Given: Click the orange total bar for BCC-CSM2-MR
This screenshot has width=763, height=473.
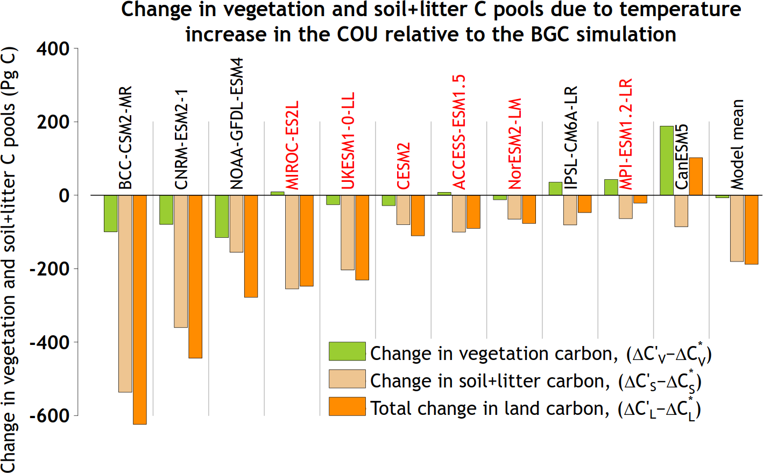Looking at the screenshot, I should pyautogui.click(x=140, y=309).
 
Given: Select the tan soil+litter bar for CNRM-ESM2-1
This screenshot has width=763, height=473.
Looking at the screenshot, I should pyautogui.click(x=181, y=261).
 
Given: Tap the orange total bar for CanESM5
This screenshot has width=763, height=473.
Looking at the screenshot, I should pyautogui.click(x=696, y=176).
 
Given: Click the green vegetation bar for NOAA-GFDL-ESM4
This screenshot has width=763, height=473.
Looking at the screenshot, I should pyautogui.click(x=222, y=216).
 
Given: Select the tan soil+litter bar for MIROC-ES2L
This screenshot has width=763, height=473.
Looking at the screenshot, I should pyautogui.click(x=292, y=242).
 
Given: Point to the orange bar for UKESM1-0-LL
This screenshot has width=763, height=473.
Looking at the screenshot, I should pyautogui.click(x=362, y=237).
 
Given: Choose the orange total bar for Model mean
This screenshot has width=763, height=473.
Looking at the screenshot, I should pyautogui.click(x=751, y=229).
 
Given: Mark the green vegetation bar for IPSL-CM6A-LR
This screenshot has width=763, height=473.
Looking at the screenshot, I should pyautogui.click(x=555, y=188).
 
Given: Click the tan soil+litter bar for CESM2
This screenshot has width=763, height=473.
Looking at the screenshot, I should pyautogui.click(x=404, y=210).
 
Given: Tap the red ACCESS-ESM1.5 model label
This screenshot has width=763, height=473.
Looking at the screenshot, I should pyautogui.click(x=459, y=132).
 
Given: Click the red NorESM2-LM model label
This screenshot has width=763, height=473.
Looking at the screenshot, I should pyautogui.click(x=515, y=144).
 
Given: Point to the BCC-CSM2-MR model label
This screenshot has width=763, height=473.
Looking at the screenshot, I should pyautogui.click(x=125, y=138).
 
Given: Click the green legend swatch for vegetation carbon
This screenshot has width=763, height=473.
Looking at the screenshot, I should pyautogui.click(x=347, y=351).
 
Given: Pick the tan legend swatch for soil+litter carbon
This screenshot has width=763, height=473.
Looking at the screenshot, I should pyautogui.click(x=347, y=379).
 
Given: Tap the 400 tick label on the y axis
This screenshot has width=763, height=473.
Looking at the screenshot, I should pyautogui.click(x=53, y=49).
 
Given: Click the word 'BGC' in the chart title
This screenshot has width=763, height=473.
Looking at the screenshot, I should pyautogui.click(x=551, y=34).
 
